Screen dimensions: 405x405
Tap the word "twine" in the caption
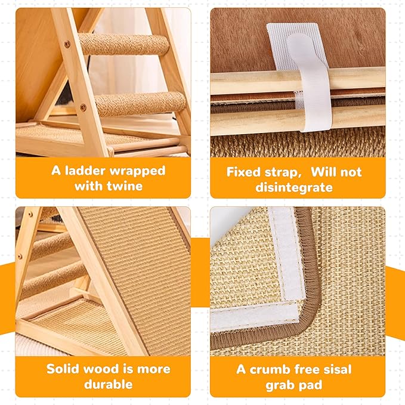point(126,186)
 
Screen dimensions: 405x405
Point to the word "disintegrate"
point(297,187)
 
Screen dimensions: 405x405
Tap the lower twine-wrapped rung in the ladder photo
point(140,104)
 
